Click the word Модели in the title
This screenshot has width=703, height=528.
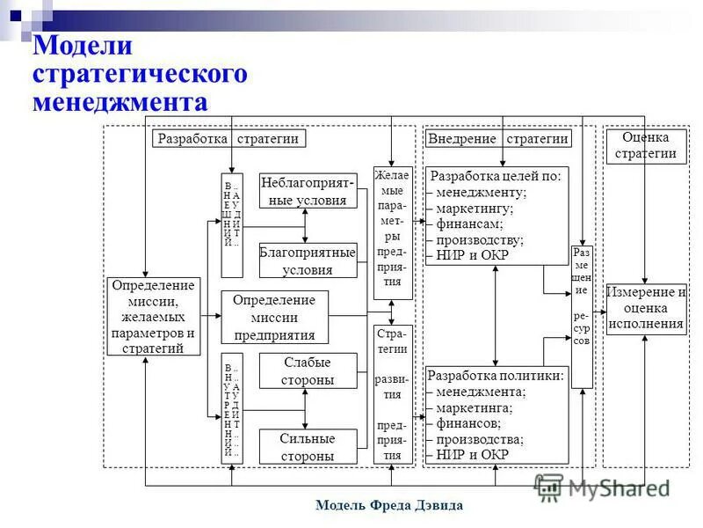tap(83, 46)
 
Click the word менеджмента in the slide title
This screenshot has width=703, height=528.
tap(120, 102)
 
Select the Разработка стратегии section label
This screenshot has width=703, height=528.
tap(228, 138)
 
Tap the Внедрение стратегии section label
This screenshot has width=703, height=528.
tap(497, 138)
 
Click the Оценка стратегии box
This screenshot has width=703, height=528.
tap(645, 145)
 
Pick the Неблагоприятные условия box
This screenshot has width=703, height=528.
tap(308, 191)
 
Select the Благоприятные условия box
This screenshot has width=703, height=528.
tap(308, 260)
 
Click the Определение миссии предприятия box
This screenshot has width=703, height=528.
tap(274, 317)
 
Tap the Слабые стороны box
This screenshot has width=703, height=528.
tap(308, 370)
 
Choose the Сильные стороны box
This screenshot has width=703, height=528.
tap(308, 446)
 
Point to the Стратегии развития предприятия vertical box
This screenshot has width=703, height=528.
tap(392, 393)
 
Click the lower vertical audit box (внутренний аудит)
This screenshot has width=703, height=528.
tap(231, 407)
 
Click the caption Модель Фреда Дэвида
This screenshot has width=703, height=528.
tap(388, 505)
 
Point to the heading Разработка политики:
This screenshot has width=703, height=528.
tap(496, 376)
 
